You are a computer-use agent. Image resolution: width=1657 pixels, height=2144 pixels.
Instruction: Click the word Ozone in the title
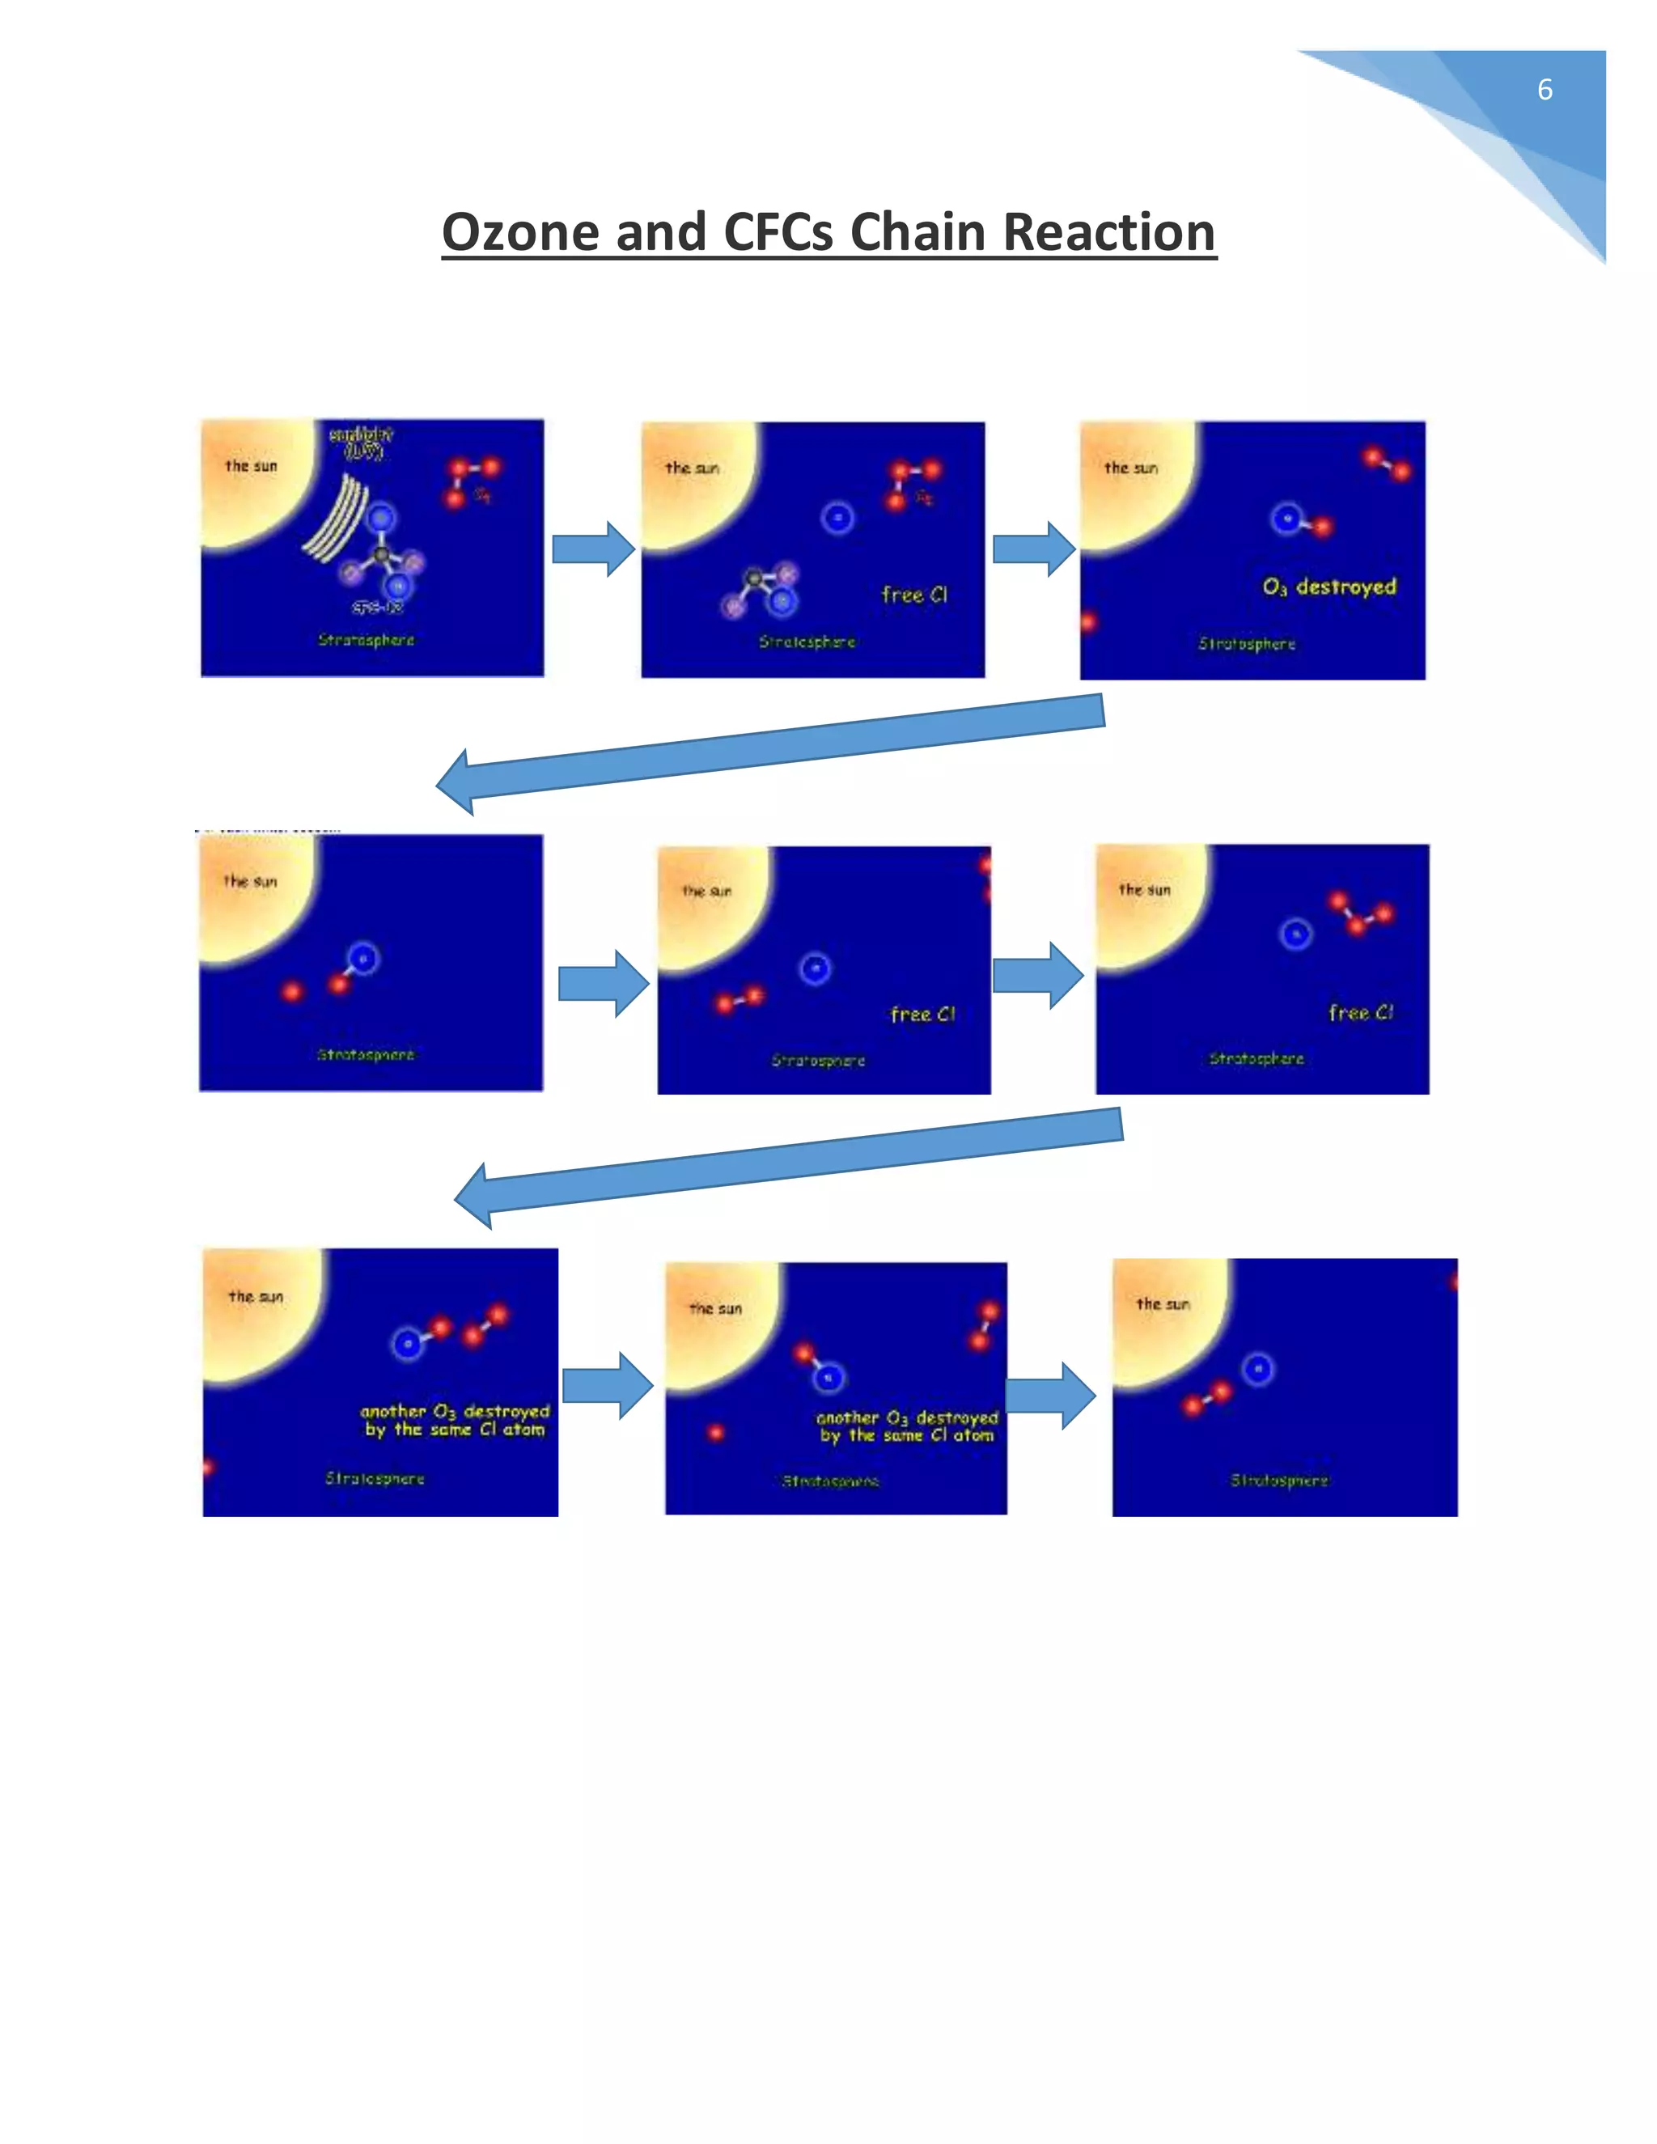click(520, 233)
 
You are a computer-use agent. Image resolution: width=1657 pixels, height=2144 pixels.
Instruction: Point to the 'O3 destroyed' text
click(1329, 587)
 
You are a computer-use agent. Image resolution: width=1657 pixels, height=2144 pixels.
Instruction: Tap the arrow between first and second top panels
click(593, 549)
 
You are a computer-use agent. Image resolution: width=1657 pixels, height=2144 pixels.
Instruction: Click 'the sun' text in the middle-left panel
click(250, 882)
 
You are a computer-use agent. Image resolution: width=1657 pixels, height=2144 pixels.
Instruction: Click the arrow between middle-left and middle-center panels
click(603, 983)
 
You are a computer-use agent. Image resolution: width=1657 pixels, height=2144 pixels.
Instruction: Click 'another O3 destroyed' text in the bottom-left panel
click(455, 1412)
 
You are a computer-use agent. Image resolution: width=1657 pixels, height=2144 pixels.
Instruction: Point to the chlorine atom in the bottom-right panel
click(1258, 1368)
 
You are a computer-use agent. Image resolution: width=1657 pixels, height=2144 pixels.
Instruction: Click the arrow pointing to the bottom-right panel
click(1050, 1395)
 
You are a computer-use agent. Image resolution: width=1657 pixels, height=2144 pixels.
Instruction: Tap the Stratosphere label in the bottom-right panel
click(1279, 1481)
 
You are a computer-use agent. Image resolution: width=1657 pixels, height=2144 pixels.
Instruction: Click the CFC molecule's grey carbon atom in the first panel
click(381, 556)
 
